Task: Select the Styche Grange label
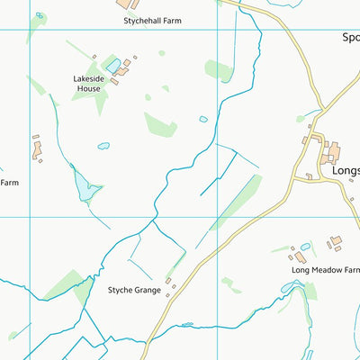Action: (134, 290)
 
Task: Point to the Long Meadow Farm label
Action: (324, 269)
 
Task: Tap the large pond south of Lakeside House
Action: (83, 186)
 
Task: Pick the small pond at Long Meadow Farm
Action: (306, 247)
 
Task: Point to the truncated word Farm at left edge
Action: (9, 183)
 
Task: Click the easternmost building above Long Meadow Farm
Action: (336, 241)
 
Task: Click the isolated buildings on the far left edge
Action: (38, 149)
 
